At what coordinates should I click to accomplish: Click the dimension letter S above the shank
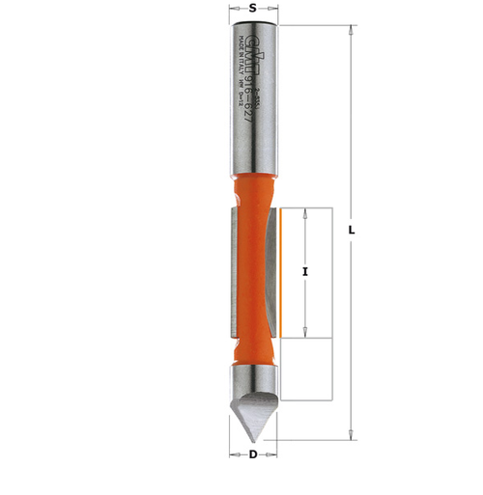pos(253,8)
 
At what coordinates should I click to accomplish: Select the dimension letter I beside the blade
pos(304,273)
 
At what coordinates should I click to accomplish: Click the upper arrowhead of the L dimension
pos(352,31)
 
